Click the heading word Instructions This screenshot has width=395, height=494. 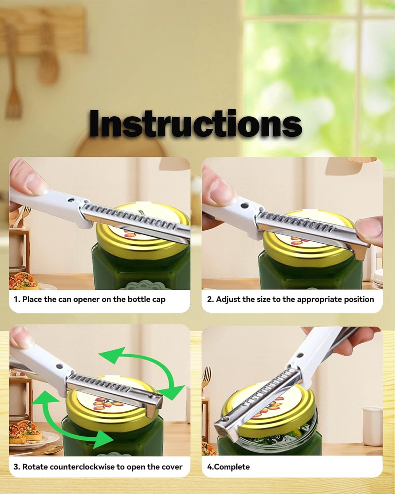point(195,123)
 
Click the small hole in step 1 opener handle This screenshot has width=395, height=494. point(71,200)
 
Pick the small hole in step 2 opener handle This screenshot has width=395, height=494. point(244,205)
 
